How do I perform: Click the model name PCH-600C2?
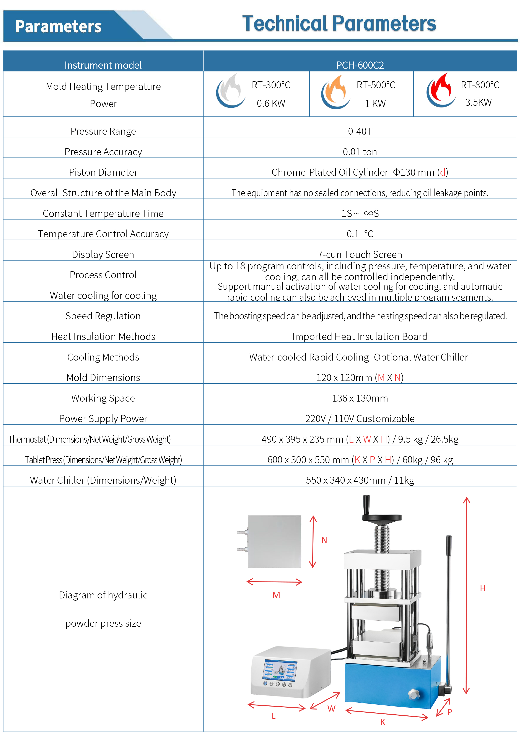[360, 65]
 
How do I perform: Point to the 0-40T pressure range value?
[360, 131]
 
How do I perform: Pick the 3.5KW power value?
[478, 102]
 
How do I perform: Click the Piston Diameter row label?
[103, 172]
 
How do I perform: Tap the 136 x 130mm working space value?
[360, 398]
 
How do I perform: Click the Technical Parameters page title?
[339, 24]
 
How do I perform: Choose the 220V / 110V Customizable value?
[360, 418]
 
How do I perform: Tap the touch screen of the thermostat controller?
[280, 670]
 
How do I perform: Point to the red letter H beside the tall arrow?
[482, 588]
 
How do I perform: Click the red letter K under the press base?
[383, 722]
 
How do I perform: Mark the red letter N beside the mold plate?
[324, 540]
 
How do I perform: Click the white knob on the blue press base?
[414, 694]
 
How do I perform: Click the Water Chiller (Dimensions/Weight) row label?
[103, 480]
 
